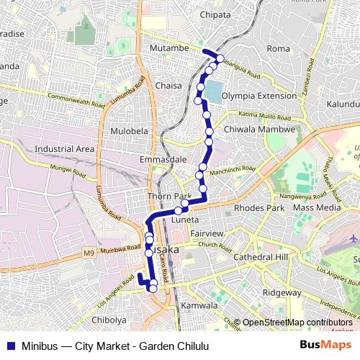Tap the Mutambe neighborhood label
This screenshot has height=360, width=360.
click(x=169, y=48)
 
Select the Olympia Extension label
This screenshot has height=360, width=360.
click(x=259, y=96)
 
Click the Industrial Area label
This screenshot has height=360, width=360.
click(x=65, y=149)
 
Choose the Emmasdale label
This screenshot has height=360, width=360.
click(x=163, y=159)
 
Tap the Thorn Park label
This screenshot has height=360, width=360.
click(x=168, y=197)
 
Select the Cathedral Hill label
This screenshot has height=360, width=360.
click(x=261, y=257)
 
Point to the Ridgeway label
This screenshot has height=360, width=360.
click(x=282, y=292)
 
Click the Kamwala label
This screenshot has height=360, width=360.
click(x=199, y=306)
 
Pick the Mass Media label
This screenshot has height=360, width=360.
click(x=318, y=207)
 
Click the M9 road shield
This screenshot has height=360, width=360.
click(x=88, y=253)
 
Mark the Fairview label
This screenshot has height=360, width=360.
click(x=207, y=235)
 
